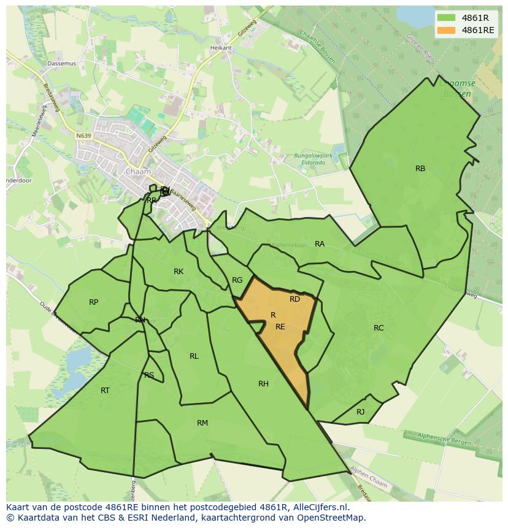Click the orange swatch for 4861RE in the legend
[447, 30]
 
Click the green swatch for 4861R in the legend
[447, 18]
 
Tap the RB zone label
[420, 169]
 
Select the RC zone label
[379, 328]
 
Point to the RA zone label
[320, 244]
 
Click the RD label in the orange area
[294, 299]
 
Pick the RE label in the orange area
[280, 327]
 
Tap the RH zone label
[263, 384]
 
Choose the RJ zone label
[360, 412]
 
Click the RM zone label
[202, 423]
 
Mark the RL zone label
[194, 356]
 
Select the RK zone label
[179, 272]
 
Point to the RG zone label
[237, 280]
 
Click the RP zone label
[93, 302]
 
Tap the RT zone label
[105, 391]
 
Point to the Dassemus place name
[61, 63]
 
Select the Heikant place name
[221, 48]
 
